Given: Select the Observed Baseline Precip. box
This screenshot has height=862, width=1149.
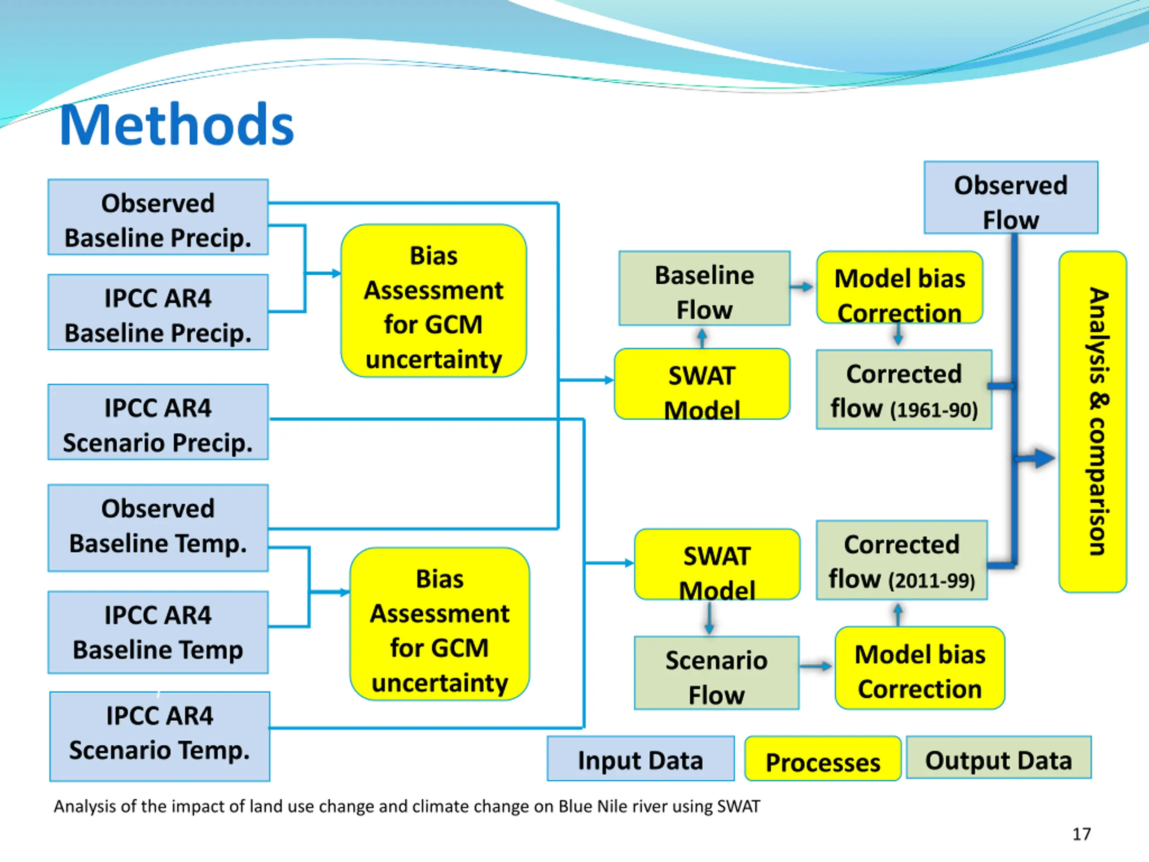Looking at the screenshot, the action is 158,217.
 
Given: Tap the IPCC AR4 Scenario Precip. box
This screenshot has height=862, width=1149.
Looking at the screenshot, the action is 158,422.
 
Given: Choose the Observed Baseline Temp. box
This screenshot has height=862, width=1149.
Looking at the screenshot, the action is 158,528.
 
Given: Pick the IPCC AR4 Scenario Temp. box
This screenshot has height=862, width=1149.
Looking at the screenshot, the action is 160,736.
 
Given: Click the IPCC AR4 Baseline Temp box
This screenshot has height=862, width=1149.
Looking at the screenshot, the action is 158,632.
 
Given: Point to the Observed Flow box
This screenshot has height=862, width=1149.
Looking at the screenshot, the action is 1011,198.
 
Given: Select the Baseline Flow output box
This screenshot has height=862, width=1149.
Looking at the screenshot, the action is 704,288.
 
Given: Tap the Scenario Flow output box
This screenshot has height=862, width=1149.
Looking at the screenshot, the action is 717,673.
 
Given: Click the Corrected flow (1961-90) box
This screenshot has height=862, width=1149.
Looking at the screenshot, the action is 904,390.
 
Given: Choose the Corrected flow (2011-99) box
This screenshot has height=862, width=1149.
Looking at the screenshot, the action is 902,560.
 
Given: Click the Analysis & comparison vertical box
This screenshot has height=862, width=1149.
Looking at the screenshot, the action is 1093,422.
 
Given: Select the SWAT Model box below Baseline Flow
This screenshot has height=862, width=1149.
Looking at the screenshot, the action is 702,384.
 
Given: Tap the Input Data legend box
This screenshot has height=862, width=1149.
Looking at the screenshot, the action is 640,759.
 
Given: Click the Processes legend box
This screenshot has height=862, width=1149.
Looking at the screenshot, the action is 823,759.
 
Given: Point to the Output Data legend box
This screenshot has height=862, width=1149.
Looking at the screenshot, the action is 998,757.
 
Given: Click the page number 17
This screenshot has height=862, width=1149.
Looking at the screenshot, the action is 1082,834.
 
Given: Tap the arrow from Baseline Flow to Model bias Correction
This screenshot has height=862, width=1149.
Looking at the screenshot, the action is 802,286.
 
